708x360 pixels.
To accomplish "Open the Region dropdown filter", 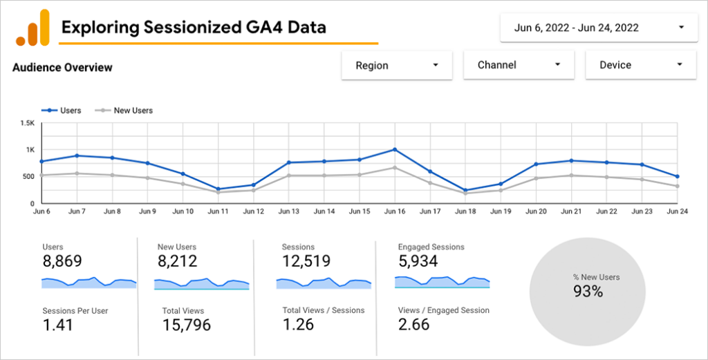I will [397, 66].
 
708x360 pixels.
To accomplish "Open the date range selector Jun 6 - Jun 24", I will [599, 28].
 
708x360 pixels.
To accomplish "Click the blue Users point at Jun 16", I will [394, 149].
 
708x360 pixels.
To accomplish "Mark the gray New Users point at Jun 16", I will [394, 167].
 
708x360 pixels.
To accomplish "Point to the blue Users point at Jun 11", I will [218, 189].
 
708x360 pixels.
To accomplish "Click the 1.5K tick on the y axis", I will [27, 124].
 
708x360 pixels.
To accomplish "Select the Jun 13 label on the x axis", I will [289, 211].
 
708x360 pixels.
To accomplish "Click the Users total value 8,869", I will [62, 261].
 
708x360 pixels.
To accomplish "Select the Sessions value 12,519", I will [306, 261].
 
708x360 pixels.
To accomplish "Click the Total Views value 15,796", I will [187, 325].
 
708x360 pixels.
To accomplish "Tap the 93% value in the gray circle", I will [588, 292].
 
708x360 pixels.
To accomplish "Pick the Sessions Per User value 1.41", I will [57, 325].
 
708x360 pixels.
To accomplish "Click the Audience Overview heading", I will [62, 68].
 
